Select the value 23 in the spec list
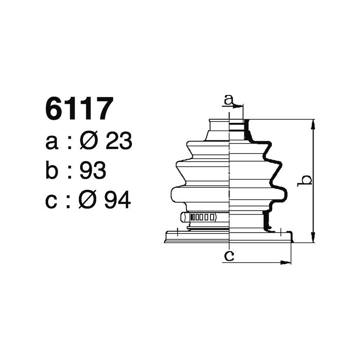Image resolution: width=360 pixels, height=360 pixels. [118, 142]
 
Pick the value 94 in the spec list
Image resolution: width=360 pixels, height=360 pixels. [117, 200]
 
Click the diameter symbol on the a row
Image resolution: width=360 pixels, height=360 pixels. [88, 142]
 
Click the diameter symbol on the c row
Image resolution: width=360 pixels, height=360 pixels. [88, 200]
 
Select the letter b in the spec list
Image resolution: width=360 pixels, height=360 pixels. [52, 171]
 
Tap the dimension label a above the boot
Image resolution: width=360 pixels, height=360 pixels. [229, 100]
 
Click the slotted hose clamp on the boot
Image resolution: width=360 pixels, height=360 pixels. [200, 217]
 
